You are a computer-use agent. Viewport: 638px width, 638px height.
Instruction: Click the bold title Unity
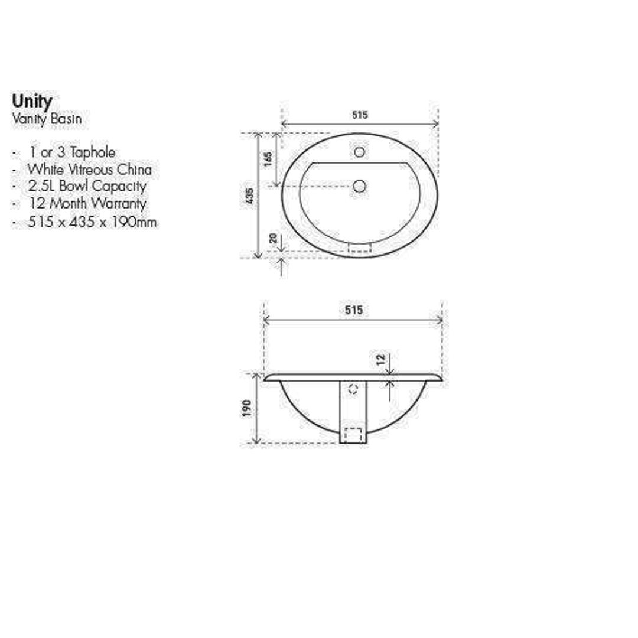[x=32, y=102]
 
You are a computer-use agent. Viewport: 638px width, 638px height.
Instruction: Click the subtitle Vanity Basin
[x=47, y=119]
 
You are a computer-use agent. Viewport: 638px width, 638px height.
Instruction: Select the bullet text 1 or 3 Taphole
[x=72, y=152]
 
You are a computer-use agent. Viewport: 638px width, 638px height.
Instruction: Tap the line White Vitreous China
[x=89, y=170]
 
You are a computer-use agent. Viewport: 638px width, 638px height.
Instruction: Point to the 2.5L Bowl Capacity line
[x=87, y=186]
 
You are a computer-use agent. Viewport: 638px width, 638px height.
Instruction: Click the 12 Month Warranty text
[x=87, y=204]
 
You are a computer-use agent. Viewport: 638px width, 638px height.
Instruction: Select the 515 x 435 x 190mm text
[x=92, y=222]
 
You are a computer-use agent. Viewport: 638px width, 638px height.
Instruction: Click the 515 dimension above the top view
[x=360, y=115]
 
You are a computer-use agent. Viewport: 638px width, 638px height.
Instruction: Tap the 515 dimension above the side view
[x=353, y=310]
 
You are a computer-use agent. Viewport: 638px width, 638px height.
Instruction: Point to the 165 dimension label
[x=267, y=159]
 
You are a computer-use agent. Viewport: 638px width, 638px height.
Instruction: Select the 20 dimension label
[x=272, y=238]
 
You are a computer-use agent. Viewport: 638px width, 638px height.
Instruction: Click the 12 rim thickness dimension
[x=380, y=359]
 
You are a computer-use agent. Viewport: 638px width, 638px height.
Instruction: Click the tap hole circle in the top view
[x=359, y=152]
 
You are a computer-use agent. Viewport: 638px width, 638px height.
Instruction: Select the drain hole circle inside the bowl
[x=359, y=187]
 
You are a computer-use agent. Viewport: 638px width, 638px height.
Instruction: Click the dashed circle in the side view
[x=354, y=389]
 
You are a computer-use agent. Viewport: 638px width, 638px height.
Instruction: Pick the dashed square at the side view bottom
[x=353, y=435]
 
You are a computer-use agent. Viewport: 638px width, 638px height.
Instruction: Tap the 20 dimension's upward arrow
[x=281, y=268]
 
